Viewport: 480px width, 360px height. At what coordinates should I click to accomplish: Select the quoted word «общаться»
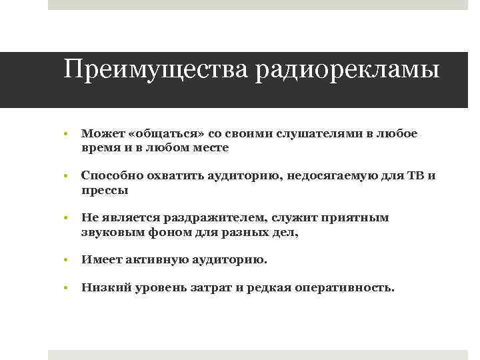[153, 134]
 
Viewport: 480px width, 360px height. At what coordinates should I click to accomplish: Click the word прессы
[104, 190]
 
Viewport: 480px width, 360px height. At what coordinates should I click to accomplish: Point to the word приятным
[357, 218]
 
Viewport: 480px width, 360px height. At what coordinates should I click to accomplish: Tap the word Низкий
[103, 288]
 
